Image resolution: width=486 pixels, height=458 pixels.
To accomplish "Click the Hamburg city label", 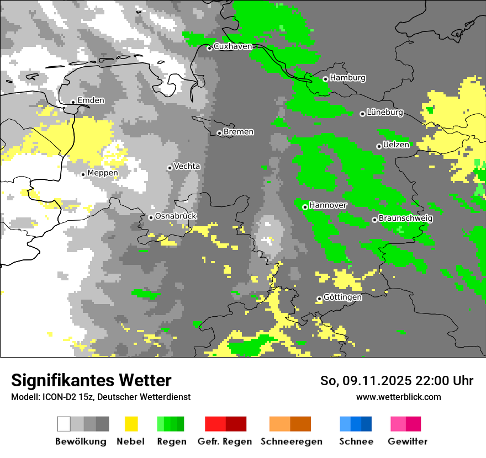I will [347, 78].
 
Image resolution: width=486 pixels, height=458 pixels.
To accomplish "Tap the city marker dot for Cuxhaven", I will [209, 48].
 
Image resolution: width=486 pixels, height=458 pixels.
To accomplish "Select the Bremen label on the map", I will [239, 132].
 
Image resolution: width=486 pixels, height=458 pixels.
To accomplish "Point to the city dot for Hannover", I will [305, 207].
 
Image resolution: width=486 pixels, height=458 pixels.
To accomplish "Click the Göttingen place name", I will [342, 297].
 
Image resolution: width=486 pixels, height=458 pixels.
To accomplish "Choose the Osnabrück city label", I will [176, 216].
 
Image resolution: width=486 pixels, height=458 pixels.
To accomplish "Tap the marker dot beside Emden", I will [73, 102].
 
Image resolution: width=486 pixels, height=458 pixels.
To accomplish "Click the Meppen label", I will [103, 173].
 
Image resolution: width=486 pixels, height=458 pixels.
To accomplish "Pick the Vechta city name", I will [187, 166].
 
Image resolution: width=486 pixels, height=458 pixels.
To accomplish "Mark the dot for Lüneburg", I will [362, 114].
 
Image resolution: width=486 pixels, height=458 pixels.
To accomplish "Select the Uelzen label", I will [396, 145].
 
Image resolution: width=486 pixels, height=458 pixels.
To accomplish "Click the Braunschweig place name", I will [405, 219].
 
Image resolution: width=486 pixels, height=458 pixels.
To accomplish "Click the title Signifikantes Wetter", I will [91, 380].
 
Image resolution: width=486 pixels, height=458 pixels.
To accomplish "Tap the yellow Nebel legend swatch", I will [131, 424].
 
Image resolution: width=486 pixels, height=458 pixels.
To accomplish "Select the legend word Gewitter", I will [408, 441].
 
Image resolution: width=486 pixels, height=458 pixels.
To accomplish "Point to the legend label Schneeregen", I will [292, 441].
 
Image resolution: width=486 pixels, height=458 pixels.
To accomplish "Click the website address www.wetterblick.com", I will [398, 397].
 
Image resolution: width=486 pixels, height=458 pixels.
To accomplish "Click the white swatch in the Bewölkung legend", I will [64, 424].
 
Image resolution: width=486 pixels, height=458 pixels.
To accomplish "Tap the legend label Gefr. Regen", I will [225, 441].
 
